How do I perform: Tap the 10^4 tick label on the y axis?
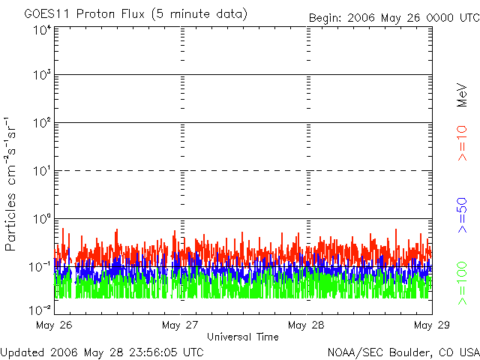pyautogui.click(x=42, y=30)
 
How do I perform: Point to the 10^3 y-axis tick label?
pyautogui.click(x=42, y=76)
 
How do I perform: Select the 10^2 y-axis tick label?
pyautogui.click(x=42, y=124)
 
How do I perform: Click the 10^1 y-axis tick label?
pyautogui.click(x=42, y=172)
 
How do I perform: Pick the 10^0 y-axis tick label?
pyautogui.click(x=42, y=220)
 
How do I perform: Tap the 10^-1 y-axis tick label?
pyautogui.click(x=41, y=267)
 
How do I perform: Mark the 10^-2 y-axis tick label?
pyautogui.click(x=41, y=308)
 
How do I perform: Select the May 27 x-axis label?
pyautogui.click(x=181, y=325)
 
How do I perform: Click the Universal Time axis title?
pyautogui.click(x=243, y=337)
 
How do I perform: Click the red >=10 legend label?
pyautogui.click(x=462, y=143)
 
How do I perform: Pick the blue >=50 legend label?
pyautogui.click(x=462, y=214)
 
